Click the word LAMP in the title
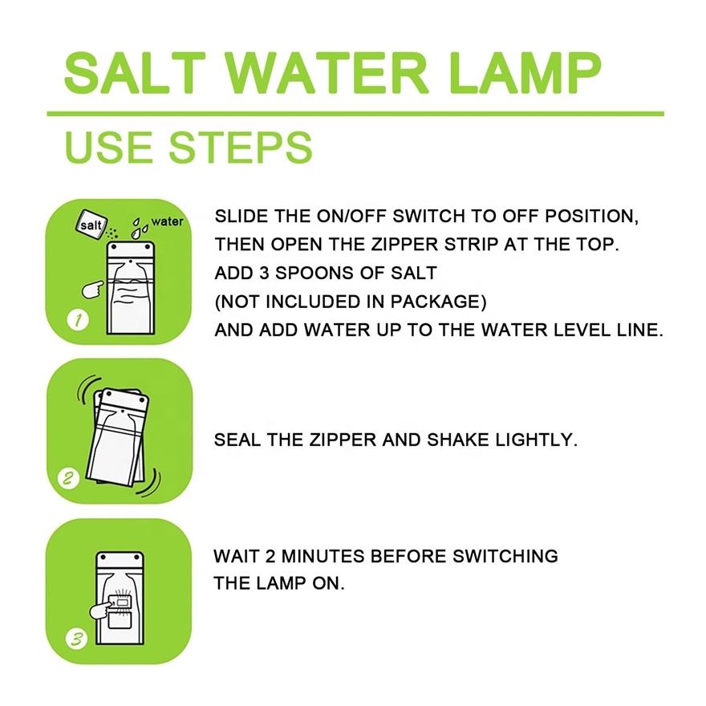[x=525, y=73]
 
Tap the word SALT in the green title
[x=135, y=73]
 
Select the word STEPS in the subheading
[x=240, y=148]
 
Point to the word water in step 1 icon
[x=168, y=221]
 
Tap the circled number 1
[x=78, y=320]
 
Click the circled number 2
[x=68, y=478]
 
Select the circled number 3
[x=77, y=639]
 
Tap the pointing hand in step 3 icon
[x=101, y=609]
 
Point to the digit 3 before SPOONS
[x=263, y=274]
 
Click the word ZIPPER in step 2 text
[x=343, y=440]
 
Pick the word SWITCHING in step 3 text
[x=505, y=556]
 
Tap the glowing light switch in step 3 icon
[x=120, y=602]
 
